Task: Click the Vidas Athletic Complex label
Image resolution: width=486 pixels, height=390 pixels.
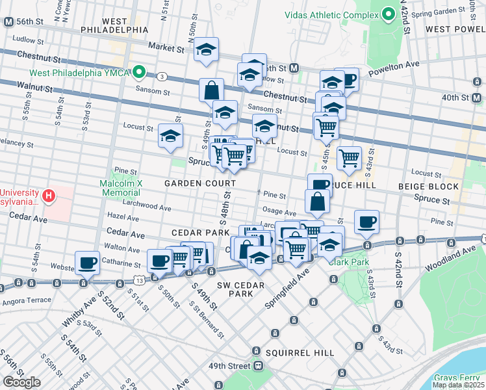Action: pyautogui.click(x=331, y=14)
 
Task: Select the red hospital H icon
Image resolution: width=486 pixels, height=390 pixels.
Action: pyautogui.click(x=48, y=195)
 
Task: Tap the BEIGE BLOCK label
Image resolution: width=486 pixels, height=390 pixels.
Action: pyautogui.click(x=428, y=187)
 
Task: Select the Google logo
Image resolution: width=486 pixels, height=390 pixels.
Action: pyautogui.click(x=21, y=382)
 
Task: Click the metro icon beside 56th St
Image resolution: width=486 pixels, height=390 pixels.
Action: pyautogui.click(x=8, y=21)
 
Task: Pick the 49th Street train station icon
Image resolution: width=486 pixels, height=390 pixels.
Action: pyautogui.click(x=258, y=366)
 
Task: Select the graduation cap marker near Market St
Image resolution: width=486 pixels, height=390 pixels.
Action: pyautogui.click(x=206, y=49)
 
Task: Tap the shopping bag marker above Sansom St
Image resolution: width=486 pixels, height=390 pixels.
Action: pyautogui.click(x=212, y=90)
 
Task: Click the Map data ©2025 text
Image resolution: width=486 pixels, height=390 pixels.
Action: pyautogui.click(x=458, y=385)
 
